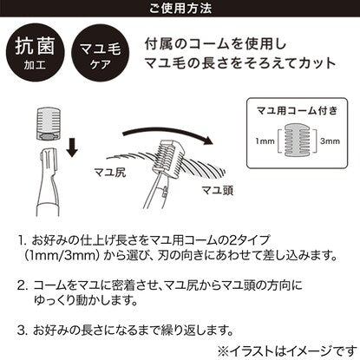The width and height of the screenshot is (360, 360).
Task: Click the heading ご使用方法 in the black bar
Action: click(180, 8)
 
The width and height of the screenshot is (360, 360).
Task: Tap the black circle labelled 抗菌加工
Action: click(35, 52)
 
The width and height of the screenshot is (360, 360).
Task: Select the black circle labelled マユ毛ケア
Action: click(101, 52)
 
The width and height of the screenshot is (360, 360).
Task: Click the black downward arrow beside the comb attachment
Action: click(72, 147)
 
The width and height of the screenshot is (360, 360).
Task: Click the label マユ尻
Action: click(110, 173)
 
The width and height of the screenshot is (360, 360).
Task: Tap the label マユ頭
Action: click(217, 191)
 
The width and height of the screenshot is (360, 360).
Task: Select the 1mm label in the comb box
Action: click(265, 141)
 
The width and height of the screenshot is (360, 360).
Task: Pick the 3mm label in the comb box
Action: click(330, 141)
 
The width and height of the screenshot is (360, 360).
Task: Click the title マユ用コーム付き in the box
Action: click(297, 111)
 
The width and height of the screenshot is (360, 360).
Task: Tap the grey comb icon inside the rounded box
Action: click(298, 141)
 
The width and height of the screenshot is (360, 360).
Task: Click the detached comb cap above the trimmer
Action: click(49, 125)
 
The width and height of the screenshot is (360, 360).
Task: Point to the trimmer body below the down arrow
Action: click(48, 182)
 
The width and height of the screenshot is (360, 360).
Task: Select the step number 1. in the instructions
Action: click(23, 240)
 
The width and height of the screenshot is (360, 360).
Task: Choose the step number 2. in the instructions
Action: click(23, 285)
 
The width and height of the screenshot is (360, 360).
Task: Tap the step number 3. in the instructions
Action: click(22, 331)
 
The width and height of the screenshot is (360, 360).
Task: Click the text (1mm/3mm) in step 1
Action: click(62, 256)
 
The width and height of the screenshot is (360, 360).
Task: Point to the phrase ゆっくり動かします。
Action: click(86, 301)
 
